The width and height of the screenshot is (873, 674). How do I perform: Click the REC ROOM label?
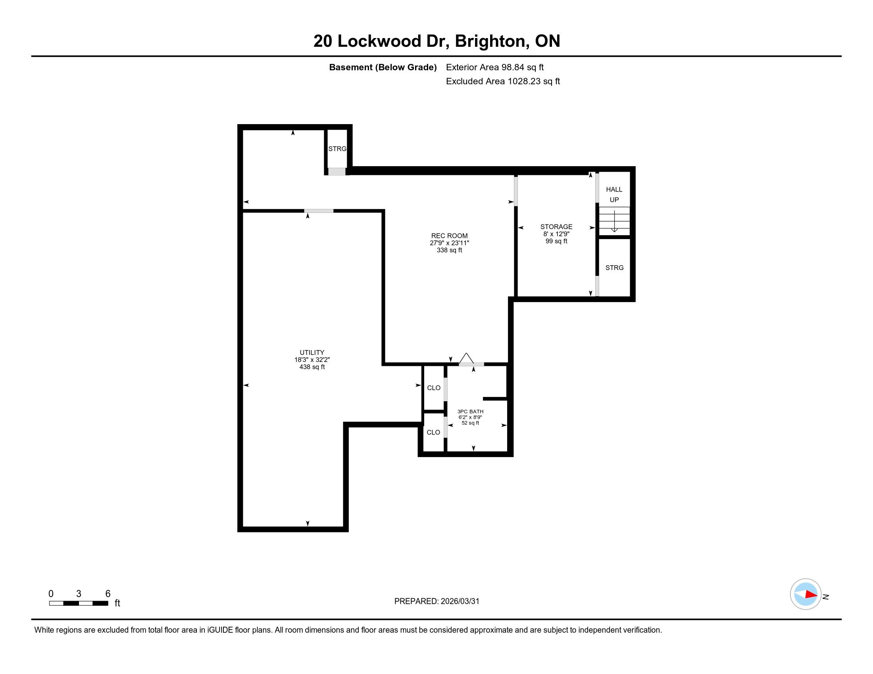pos(449,236)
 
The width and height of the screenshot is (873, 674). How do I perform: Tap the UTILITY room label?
pos(312,352)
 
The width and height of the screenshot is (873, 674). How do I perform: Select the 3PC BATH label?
pos(471,411)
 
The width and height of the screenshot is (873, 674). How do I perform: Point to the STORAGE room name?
pos(556,227)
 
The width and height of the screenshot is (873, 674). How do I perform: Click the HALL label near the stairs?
pos(614,190)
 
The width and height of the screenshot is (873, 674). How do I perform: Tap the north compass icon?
pos(806,594)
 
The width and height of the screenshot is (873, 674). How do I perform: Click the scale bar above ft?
pos(79,603)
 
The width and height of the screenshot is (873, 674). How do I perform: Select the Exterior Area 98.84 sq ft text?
pos(495,67)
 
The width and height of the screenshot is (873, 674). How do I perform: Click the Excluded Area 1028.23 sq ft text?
pos(503,81)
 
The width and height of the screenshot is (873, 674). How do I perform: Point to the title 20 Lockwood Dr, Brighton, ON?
pos(436,41)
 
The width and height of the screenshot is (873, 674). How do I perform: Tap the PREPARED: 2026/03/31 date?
pos(436,601)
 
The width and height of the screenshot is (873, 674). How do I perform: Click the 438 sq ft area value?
pos(312,367)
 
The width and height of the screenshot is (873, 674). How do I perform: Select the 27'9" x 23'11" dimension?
pos(449,243)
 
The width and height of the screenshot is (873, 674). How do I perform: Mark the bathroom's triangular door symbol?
pos(466,359)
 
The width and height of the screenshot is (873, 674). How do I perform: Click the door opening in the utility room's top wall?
pos(319,211)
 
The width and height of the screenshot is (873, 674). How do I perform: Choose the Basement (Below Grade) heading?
pos(383,67)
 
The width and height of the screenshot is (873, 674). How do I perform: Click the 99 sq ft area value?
pos(556,241)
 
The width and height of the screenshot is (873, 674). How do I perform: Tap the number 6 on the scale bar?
pos(108,594)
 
